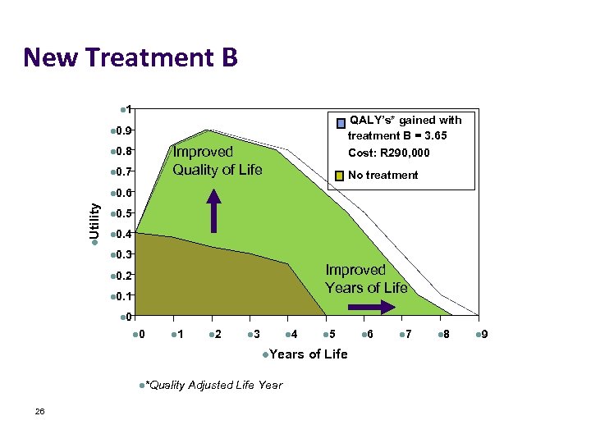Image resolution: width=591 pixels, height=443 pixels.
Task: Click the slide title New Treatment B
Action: (131, 58)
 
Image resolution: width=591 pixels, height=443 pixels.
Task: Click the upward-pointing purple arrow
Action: (213, 211)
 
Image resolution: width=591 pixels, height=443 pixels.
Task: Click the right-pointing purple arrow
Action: (377, 307)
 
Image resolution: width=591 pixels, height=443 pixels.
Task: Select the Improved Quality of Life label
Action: (217, 161)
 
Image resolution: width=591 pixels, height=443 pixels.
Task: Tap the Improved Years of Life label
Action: (366, 279)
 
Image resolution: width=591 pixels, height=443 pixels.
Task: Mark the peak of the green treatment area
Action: (208, 130)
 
